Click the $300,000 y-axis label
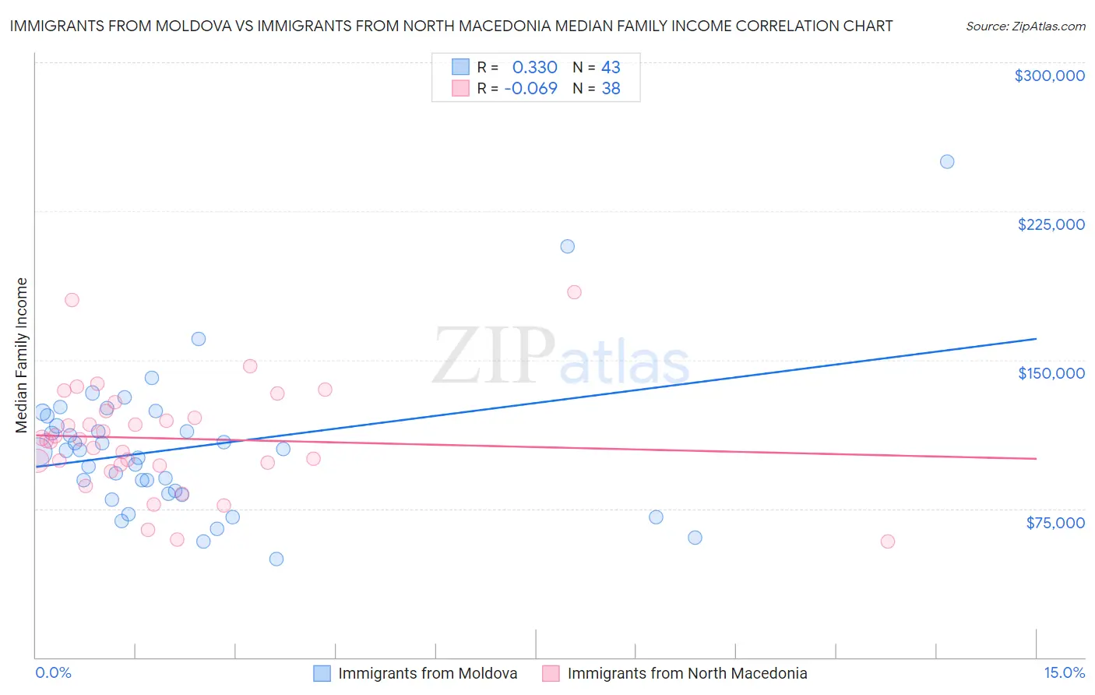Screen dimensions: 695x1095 click(x=1049, y=76)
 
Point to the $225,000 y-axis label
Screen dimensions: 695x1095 click(x=1051, y=224)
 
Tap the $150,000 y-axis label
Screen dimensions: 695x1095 click(x=1051, y=373)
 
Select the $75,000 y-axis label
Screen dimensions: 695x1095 click(x=1055, y=523)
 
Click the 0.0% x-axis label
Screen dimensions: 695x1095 click(x=53, y=672)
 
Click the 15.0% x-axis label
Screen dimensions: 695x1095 click(x=1064, y=672)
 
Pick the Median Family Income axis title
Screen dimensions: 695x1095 click(x=21, y=355)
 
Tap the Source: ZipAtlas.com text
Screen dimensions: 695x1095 click(x=1025, y=26)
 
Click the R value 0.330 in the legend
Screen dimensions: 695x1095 click(x=534, y=68)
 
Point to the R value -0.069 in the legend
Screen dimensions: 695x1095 click(x=530, y=88)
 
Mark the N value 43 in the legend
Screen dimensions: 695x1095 click(x=611, y=68)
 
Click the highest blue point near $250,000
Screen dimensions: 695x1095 click(x=947, y=162)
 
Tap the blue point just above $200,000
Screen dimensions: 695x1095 click(x=568, y=246)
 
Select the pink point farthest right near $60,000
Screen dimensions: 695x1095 click(x=888, y=542)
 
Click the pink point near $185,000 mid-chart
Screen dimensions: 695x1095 click(x=575, y=292)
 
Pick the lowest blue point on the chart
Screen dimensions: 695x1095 click(x=276, y=559)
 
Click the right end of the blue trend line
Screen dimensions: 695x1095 click(x=1036, y=339)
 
